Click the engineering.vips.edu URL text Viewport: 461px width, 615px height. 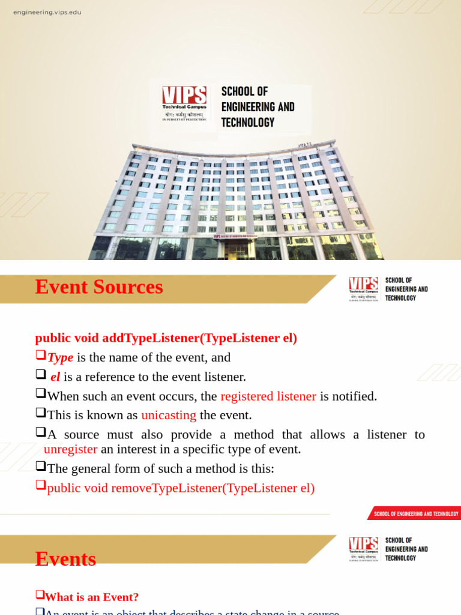pos(47,13)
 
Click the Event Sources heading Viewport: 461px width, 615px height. pos(99,287)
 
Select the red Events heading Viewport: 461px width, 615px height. pos(65,559)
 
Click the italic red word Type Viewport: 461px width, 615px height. pos(60,357)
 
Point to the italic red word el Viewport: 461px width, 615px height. pos(55,377)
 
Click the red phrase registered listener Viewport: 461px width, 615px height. pos(268,396)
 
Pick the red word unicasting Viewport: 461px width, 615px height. pos(169,415)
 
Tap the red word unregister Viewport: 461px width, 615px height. pos(70,449)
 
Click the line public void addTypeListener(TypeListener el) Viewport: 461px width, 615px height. pos(166,338)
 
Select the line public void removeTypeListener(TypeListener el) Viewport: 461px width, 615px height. pos(181,488)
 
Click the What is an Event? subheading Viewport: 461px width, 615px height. pos(91,597)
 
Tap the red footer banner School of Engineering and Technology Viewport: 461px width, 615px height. pos(415,514)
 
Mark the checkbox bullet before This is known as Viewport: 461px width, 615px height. pos(41,413)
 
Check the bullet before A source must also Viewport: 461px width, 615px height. pos(41,432)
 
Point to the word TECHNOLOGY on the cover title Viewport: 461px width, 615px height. pos(247,123)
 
